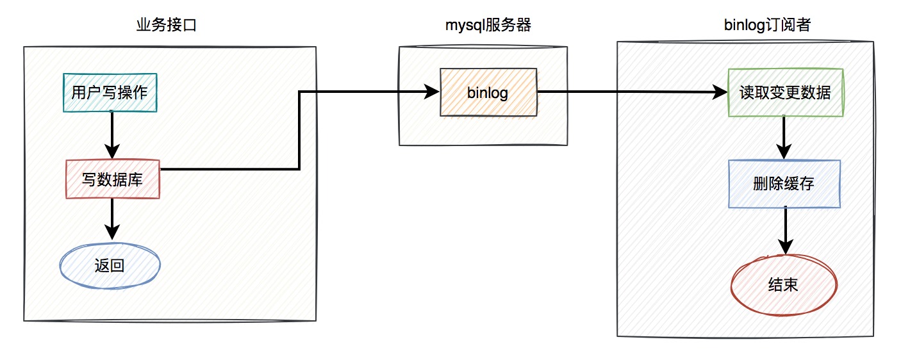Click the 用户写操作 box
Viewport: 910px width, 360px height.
pos(110,92)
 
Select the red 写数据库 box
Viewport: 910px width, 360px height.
pos(113,179)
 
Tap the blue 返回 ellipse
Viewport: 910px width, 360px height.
pos(110,266)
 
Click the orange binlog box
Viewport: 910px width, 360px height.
pos(488,92)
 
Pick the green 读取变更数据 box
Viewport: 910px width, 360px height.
pos(786,92)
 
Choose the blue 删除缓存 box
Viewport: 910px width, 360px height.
pos(784,184)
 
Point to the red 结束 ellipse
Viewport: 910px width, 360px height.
pos(784,284)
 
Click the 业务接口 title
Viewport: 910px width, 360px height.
pos(167,25)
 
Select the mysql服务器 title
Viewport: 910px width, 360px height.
pos(488,25)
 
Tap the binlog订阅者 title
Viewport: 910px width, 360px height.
pos(767,25)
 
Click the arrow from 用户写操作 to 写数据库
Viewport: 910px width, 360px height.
pos(112,135)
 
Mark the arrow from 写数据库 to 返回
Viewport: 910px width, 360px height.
pos(112,219)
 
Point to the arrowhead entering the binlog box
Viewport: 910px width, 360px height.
pos(432,92)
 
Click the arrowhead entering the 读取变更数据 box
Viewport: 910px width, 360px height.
pos(720,92)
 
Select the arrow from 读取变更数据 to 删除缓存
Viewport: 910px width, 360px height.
pos(784,138)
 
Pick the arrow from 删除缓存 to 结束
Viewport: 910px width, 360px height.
pos(786,231)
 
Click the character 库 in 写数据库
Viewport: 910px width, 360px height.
pos(135,179)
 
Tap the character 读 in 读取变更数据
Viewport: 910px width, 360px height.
pos(747,92)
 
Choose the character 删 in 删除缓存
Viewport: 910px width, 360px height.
pos(761,184)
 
